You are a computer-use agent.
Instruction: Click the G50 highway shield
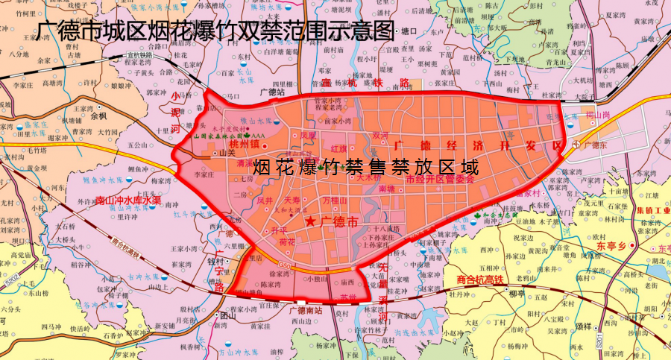coord(285,264)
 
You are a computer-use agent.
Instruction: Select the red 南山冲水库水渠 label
coord(128,200)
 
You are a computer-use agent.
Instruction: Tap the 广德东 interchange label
coord(598,144)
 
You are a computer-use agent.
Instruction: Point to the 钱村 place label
coord(216,262)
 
